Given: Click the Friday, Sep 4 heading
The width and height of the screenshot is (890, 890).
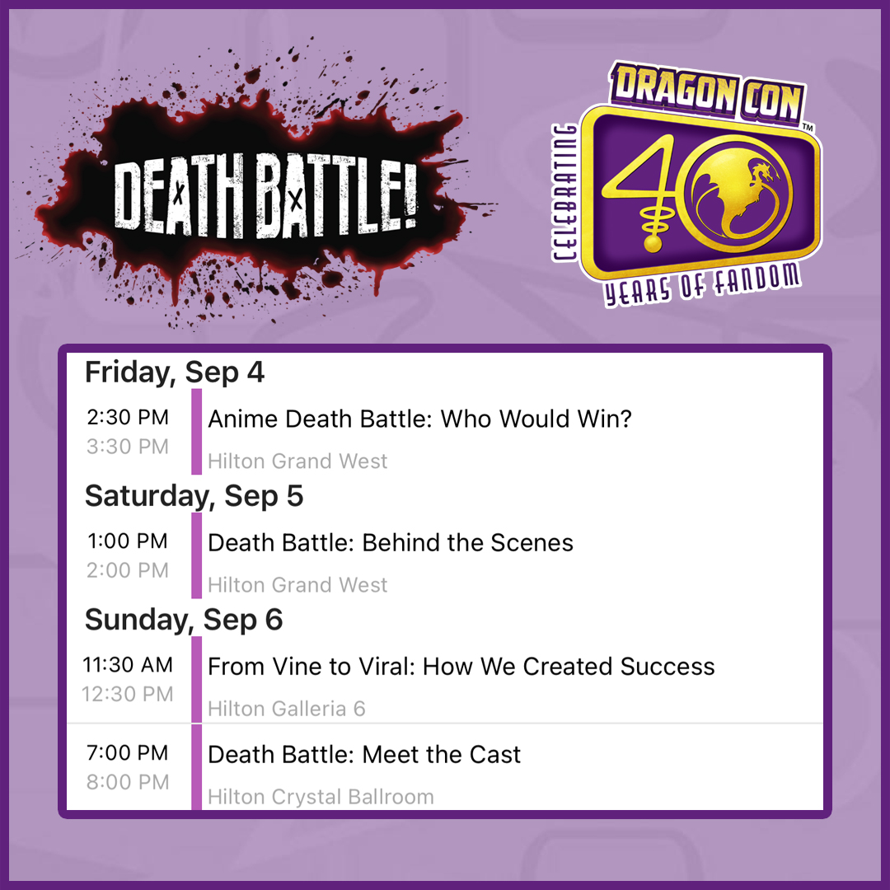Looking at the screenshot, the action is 175,373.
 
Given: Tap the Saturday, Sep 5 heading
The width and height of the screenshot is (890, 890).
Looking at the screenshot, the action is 194,497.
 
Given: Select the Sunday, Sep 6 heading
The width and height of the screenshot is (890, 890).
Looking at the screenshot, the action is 184,621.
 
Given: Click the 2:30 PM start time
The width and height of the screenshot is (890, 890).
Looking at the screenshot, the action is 128,417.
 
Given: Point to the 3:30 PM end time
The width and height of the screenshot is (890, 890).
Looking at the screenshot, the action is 128,447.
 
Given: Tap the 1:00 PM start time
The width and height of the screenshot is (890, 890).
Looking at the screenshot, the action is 128,541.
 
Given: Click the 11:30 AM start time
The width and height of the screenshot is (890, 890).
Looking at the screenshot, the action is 128,665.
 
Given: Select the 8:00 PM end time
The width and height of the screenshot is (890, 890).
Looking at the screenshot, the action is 128,782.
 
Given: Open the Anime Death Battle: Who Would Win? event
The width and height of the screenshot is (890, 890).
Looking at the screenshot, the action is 420,419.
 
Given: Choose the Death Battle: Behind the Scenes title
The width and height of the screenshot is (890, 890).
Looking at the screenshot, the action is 391,543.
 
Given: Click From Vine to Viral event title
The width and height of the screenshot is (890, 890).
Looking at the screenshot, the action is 461,667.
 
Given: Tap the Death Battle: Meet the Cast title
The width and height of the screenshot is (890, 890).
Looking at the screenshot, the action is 364,755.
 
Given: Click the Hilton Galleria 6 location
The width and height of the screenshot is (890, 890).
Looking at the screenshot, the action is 287,709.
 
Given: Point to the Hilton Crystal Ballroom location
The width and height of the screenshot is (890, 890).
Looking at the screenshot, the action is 321,797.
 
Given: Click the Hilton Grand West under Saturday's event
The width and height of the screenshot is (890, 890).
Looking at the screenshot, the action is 298,585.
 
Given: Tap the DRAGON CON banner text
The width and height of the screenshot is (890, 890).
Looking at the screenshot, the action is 707,92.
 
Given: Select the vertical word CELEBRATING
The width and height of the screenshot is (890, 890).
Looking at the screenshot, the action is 565,193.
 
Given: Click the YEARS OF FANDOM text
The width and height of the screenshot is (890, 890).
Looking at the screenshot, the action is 703,285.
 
